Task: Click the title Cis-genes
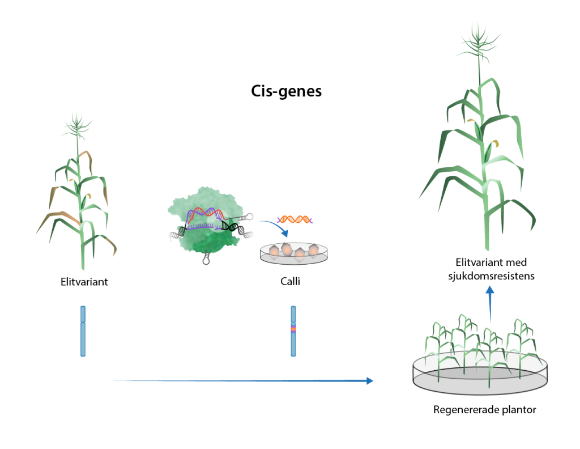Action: [286, 91]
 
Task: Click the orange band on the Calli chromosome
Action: [293, 329]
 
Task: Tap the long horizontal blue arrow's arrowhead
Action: [370, 381]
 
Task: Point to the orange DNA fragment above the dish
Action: [294, 218]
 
